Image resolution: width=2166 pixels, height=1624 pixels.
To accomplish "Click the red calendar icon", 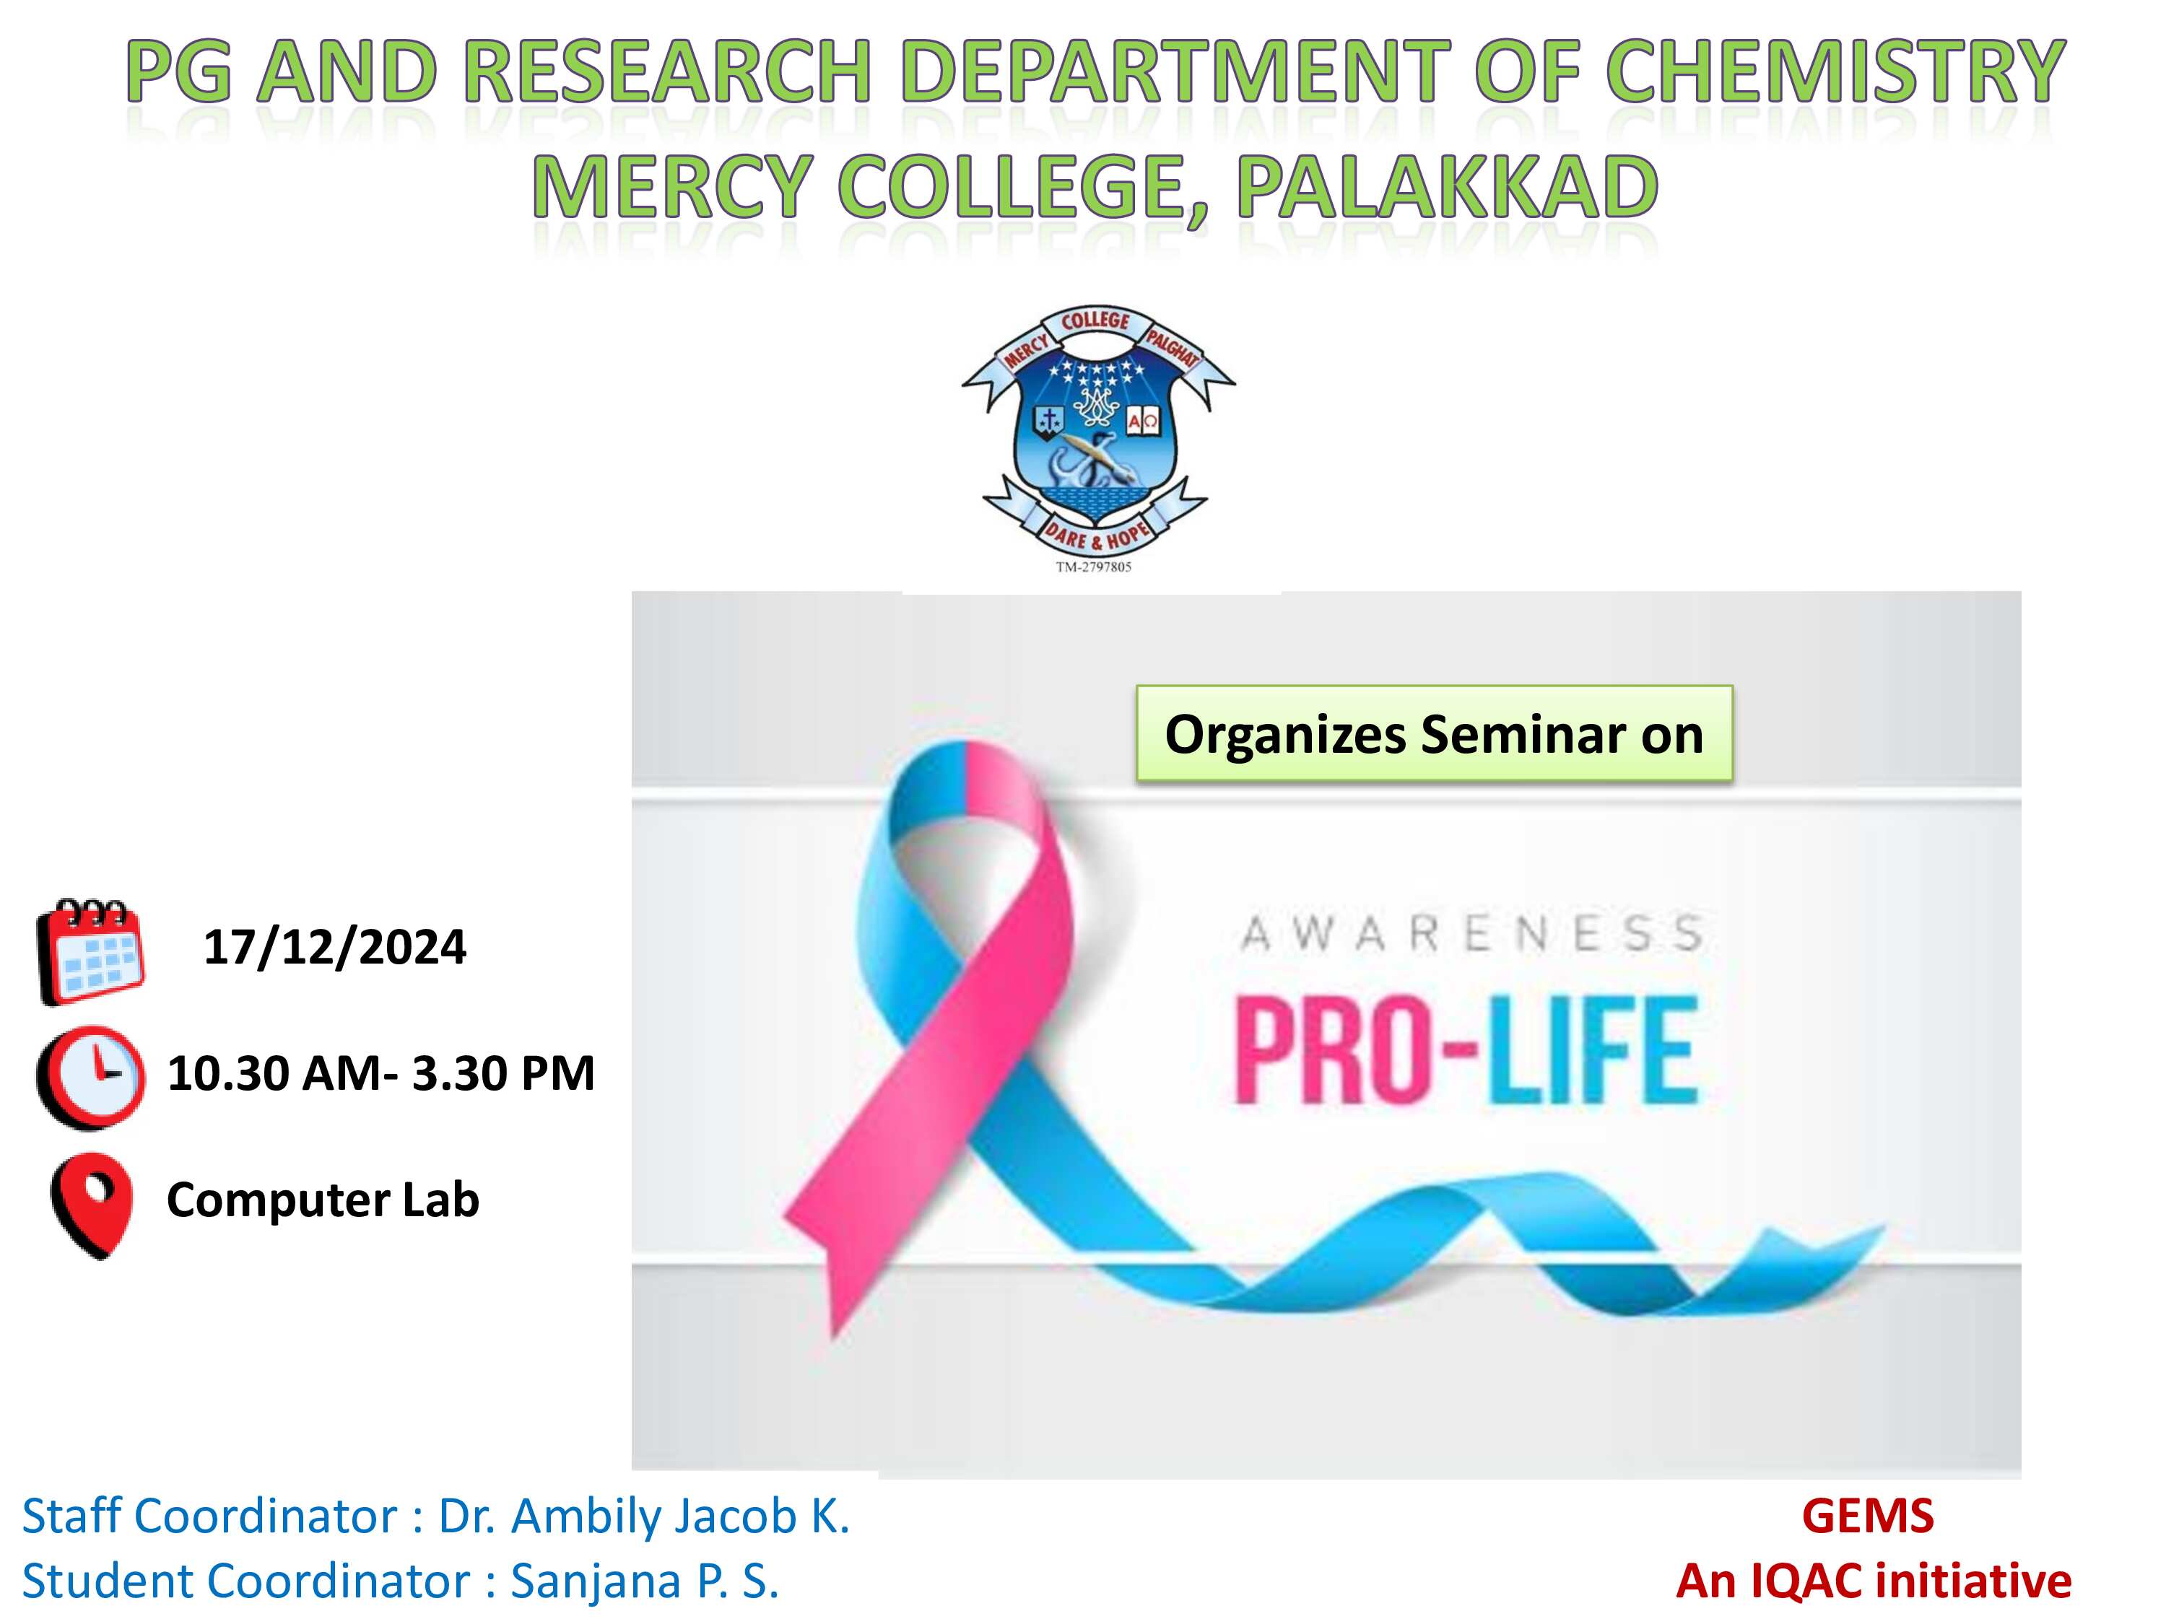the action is (90, 951).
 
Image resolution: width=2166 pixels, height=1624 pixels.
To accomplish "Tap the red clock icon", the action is (90, 1077).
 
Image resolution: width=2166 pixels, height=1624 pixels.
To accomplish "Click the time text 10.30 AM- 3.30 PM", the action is (381, 1073).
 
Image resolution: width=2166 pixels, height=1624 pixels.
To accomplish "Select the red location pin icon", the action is (91, 1206).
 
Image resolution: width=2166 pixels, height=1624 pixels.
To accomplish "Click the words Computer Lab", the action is (323, 1200).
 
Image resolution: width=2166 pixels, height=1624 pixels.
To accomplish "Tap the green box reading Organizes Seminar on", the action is (1434, 733).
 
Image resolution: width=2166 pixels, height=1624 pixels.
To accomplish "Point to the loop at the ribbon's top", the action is (965, 783).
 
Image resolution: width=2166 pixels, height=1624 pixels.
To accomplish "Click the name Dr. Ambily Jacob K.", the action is (643, 1516).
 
